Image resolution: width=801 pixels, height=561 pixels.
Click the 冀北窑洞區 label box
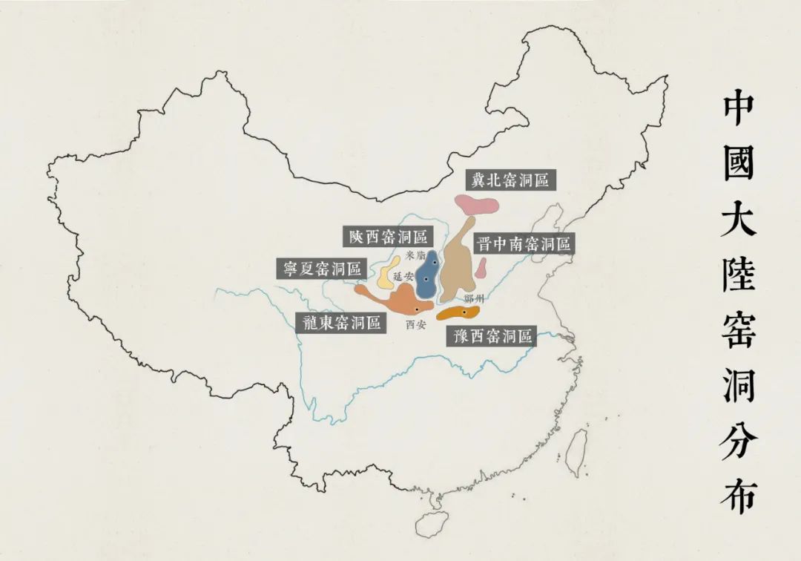click(511, 180)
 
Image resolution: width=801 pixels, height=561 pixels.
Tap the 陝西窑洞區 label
click(388, 237)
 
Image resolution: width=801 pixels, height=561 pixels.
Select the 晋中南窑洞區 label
click(523, 244)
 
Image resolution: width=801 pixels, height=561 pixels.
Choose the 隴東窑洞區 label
click(341, 322)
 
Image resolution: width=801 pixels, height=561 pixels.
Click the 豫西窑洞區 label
click(490, 336)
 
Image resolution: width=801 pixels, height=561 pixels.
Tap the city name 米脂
click(417, 255)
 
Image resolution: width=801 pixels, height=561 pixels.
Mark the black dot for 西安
click(418, 309)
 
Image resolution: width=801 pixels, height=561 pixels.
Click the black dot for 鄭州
click(464, 312)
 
